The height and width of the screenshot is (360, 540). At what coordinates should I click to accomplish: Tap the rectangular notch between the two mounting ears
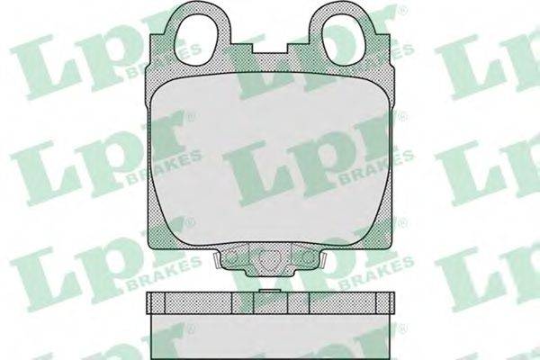click(x=271, y=49)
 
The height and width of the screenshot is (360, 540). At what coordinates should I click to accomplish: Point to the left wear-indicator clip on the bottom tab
click(x=216, y=260)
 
